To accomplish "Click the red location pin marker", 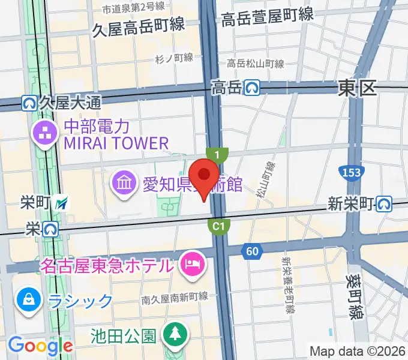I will (207, 176).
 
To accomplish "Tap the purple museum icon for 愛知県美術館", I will (124, 182).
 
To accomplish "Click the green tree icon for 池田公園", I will (175, 334).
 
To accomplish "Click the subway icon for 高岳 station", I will (251, 88).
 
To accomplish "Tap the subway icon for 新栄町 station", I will (385, 205).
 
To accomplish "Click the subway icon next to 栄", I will (50, 229).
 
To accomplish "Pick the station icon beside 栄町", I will (61, 204).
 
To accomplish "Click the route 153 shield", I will (352, 173).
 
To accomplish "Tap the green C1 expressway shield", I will (219, 226).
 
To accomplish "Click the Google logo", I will (40, 346).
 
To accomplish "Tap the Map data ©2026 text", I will (358, 350).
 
